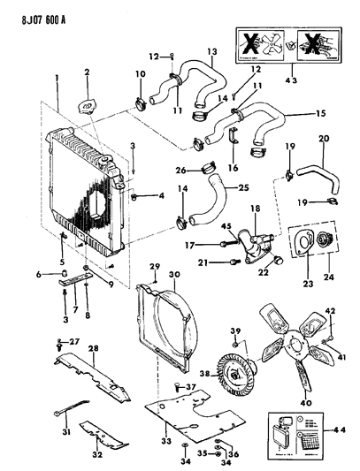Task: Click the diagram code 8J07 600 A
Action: tap(39, 10)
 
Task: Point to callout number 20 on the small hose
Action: tap(323, 138)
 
